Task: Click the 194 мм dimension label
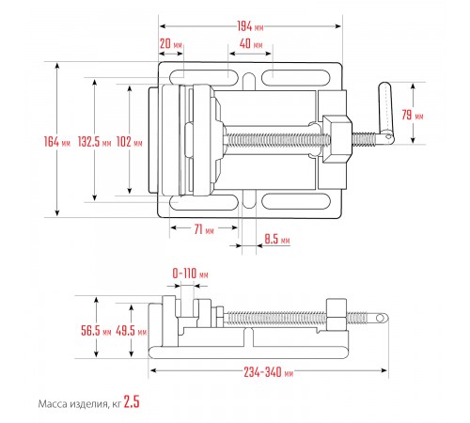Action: point(250,26)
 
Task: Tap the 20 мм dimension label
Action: point(171,44)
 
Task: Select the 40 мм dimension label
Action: point(251,44)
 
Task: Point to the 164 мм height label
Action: point(57,142)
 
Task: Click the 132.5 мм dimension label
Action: point(94,142)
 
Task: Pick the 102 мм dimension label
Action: point(129,142)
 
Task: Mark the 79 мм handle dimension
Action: point(413,115)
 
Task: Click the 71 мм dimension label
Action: point(204,229)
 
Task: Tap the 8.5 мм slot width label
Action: point(277,239)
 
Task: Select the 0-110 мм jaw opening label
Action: point(190,274)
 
